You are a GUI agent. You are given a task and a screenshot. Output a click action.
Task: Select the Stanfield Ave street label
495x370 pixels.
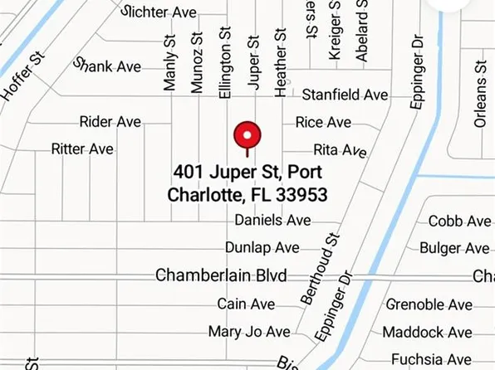click(x=345, y=95)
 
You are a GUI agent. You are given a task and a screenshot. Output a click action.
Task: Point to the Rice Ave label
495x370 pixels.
click(x=323, y=122)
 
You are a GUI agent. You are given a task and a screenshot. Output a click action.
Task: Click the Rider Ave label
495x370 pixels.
click(x=110, y=122)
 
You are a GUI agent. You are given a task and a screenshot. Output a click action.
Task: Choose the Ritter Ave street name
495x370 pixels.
click(x=82, y=149)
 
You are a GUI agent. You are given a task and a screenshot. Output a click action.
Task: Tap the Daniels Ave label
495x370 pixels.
click(x=272, y=220)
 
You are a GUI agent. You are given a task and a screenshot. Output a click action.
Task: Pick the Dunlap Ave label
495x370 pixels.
click(x=262, y=247)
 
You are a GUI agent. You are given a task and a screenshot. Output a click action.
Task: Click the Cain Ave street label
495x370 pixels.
click(x=246, y=304)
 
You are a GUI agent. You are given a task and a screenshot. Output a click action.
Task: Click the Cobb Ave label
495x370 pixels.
click(x=459, y=221)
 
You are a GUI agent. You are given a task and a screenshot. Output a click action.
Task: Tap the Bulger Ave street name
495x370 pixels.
click(x=454, y=248)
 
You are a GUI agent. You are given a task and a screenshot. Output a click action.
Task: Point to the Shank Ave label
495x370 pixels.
click(x=108, y=66)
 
